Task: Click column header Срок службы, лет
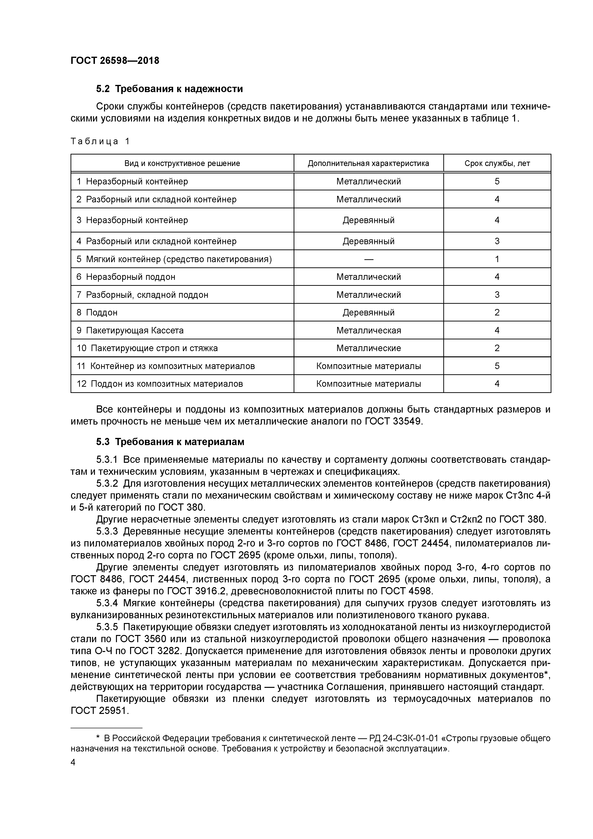[x=497, y=163]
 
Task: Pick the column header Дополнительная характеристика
[x=368, y=163]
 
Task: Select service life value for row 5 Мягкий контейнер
[x=497, y=259]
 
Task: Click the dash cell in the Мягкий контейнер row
[x=368, y=259]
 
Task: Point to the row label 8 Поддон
[x=97, y=312]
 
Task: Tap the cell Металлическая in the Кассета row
[x=368, y=330]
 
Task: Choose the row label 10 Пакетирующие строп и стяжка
[x=147, y=348]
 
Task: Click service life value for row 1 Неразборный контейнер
[x=497, y=181]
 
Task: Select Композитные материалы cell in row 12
[x=368, y=384]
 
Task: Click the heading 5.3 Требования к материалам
[x=170, y=442]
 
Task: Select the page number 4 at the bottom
[x=73, y=762]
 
